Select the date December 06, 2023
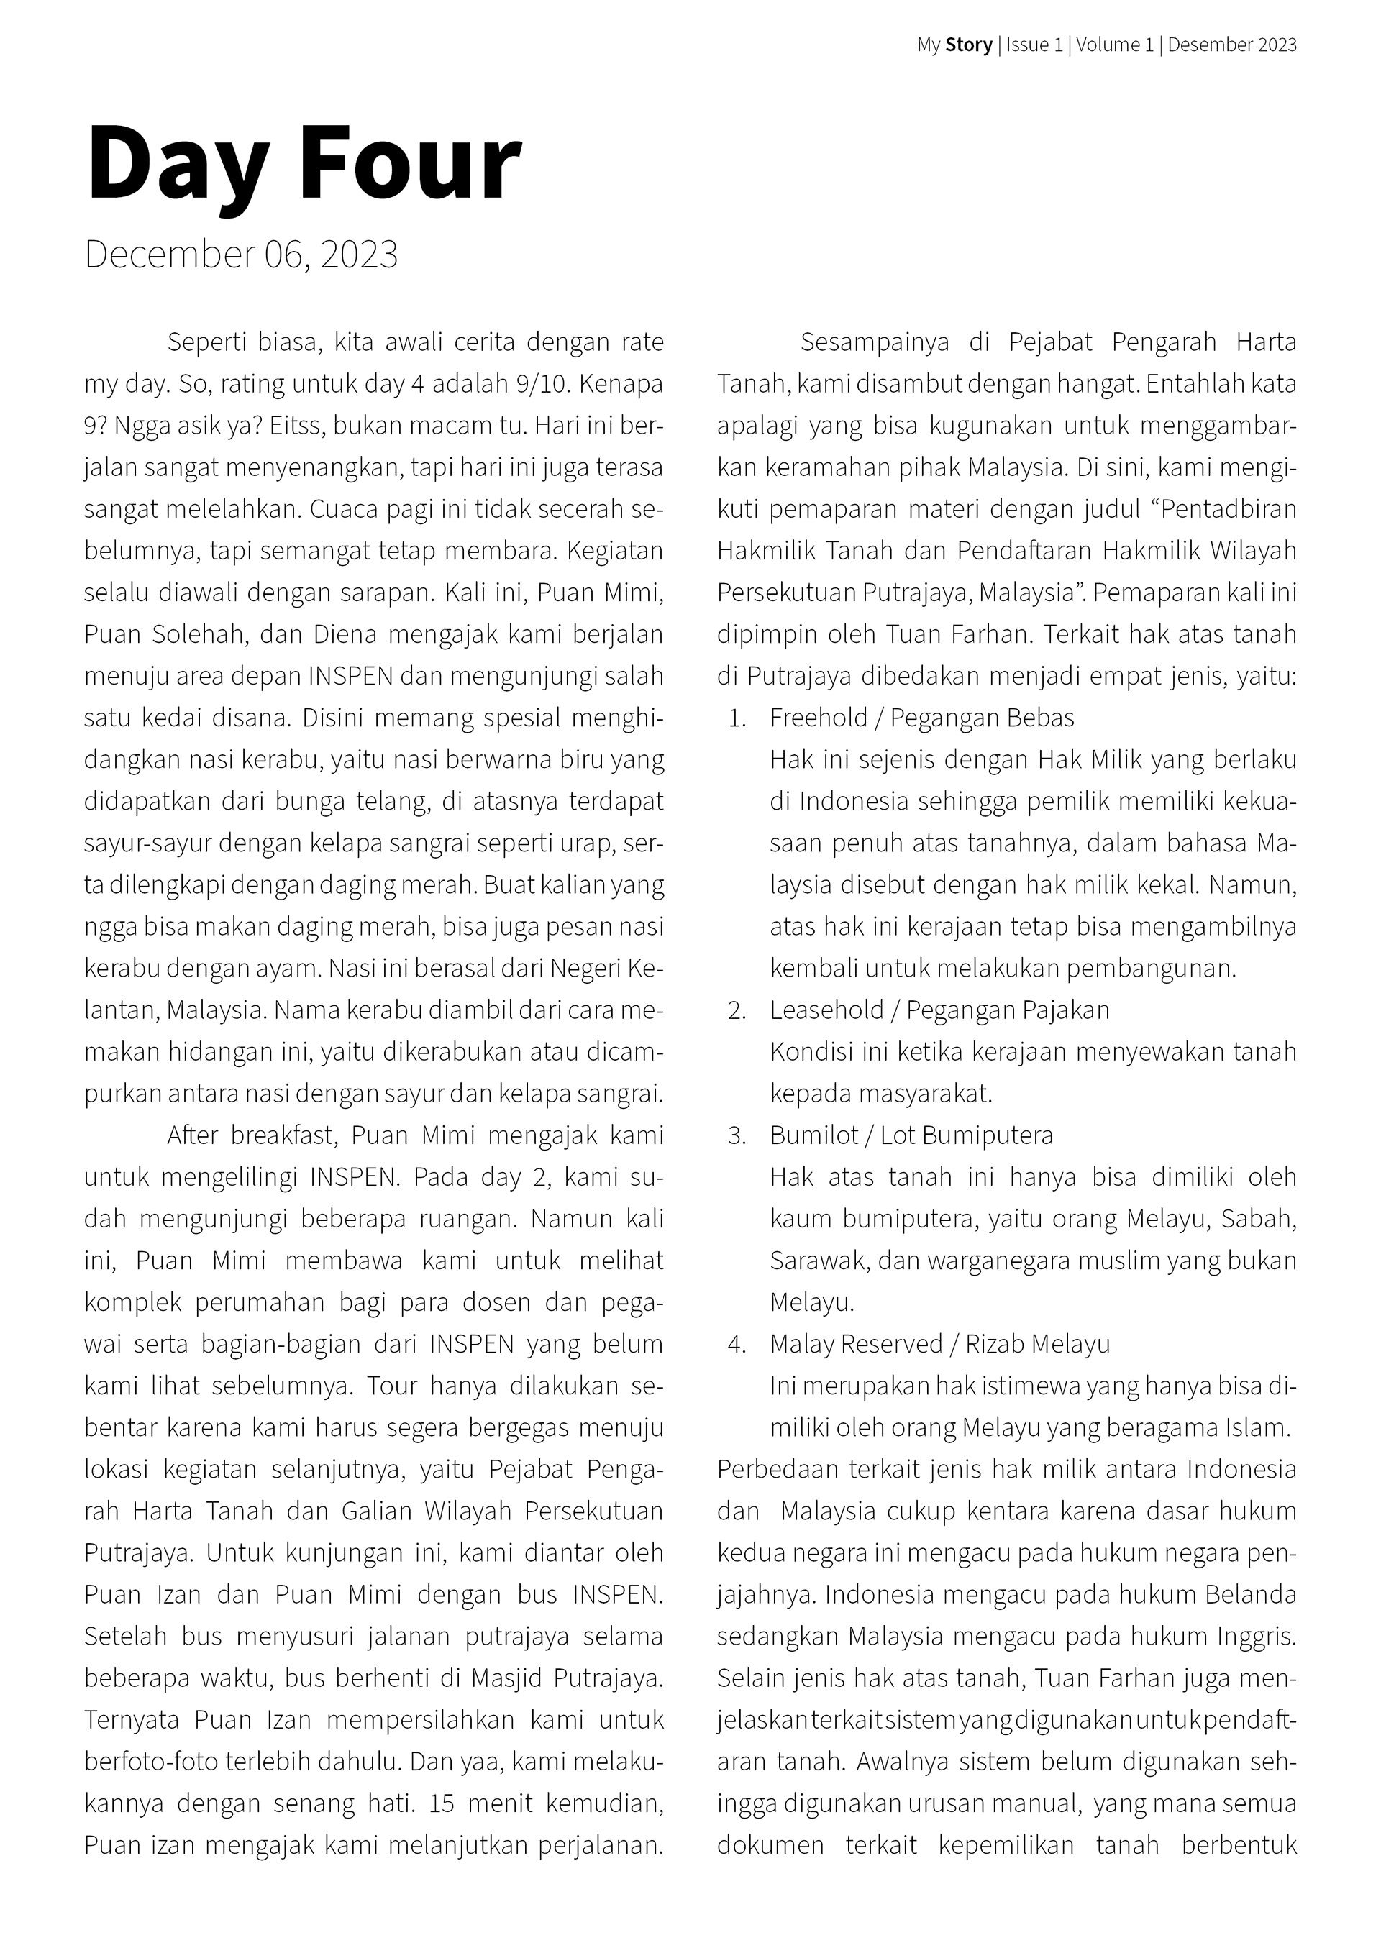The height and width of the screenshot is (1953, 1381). tap(241, 255)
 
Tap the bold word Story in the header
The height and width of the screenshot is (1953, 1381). tap(968, 45)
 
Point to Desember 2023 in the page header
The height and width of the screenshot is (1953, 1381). tap(1232, 45)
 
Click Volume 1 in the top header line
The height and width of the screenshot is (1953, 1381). tap(1115, 45)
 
